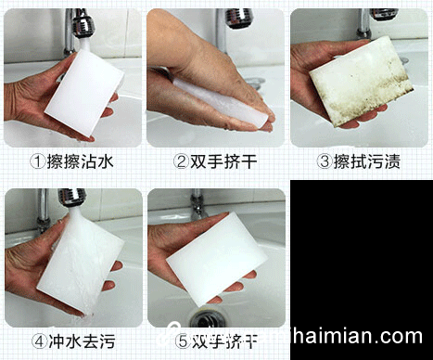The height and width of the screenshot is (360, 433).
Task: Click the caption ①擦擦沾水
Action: pyautogui.click(x=72, y=161)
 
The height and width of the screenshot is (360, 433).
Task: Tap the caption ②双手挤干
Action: pyautogui.click(x=216, y=161)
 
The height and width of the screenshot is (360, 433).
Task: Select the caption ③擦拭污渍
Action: pyautogui.click(x=359, y=161)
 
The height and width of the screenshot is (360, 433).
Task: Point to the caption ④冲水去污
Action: pyautogui.click(x=72, y=341)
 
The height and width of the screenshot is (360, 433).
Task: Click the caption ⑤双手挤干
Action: pyautogui.click(x=216, y=341)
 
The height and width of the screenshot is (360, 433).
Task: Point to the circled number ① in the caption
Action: pyautogui.click(x=38, y=161)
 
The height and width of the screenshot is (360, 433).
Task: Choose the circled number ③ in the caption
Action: pyautogui.click(x=325, y=161)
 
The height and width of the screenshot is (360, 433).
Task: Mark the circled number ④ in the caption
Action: pyautogui.click(x=38, y=341)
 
